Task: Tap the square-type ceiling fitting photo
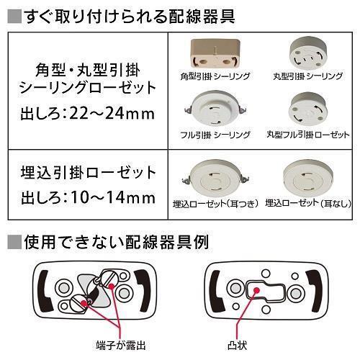(212, 55)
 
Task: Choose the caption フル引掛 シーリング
(215, 135)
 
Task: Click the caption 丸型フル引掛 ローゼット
(307, 135)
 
